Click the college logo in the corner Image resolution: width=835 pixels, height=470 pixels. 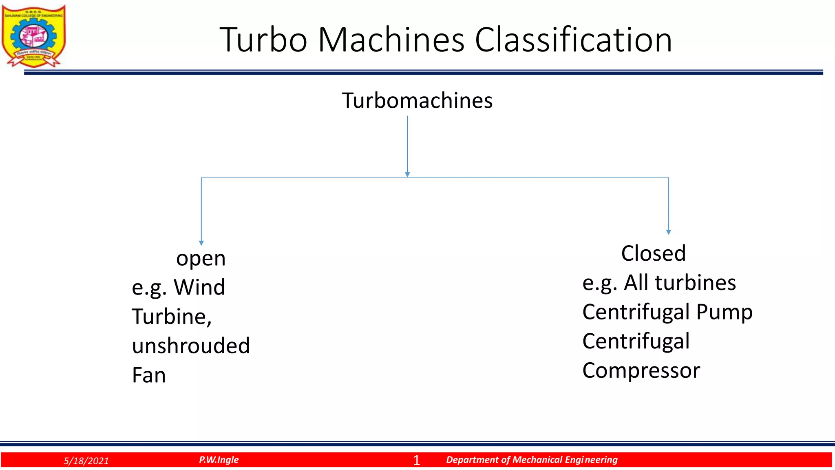tap(34, 36)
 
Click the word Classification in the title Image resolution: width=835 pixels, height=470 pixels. tap(573, 40)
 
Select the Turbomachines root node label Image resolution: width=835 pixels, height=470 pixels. tap(417, 100)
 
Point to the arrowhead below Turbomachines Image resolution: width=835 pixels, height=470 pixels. tap(407, 174)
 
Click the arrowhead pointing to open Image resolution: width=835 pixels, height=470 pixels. tap(201, 243)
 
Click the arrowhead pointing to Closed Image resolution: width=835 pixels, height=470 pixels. tap(668, 232)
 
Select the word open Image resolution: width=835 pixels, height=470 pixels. tap(201, 259)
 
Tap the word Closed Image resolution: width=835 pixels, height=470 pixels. tap(653, 253)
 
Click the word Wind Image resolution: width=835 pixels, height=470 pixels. tap(199, 287)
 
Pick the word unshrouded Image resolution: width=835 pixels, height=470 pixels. tap(191, 346)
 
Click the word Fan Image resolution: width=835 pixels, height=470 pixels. tap(149, 375)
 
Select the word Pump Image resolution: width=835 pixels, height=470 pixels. tap(724, 313)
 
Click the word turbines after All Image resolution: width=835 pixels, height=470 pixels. tap(695, 283)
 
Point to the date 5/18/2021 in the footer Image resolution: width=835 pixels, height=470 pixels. tap(86, 461)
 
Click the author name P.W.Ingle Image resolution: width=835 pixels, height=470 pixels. tap(219, 460)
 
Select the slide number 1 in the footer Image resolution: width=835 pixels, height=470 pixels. tap(416, 460)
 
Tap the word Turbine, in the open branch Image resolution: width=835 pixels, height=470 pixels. tap(172, 317)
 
